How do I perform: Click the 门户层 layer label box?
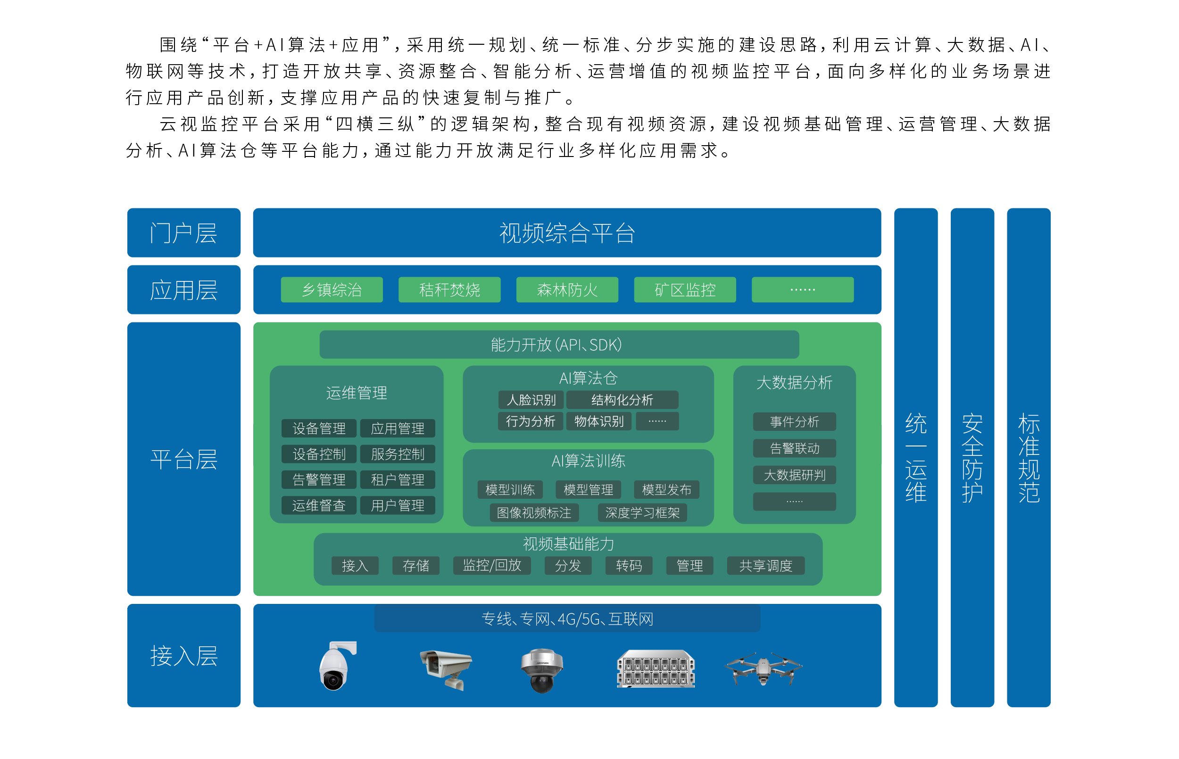click(184, 232)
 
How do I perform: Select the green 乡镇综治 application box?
click(332, 289)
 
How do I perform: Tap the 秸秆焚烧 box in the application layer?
click(449, 289)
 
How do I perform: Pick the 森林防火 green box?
click(567, 289)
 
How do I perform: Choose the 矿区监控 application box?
click(685, 289)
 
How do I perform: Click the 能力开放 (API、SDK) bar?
click(559, 345)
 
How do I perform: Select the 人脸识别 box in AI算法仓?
click(531, 400)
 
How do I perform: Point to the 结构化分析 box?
click(623, 400)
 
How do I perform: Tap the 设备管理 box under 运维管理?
click(319, 428)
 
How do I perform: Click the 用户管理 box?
click(398, 505)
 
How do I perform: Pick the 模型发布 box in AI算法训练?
click(667, 489)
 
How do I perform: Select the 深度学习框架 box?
click(643, 512)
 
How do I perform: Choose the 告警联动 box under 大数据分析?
click(795, 448)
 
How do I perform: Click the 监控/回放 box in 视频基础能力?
click(492, 565)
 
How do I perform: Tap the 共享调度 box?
click(766, 565)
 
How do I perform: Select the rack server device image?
click(656, 669)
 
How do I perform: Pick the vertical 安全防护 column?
click(972, 457)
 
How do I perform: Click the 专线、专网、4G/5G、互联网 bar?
click(567, 619)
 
